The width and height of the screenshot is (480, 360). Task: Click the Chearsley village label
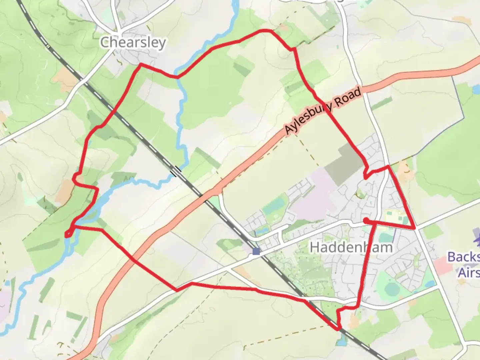coord(133,43)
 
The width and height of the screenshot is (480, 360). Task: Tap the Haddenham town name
coord(351,247)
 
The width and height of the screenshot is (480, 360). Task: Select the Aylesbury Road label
coord(323,111)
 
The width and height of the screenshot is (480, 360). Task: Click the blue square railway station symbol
coord(256,251)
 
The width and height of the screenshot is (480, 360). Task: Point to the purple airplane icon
coord(477,238)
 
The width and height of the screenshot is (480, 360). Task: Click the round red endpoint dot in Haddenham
coord(366,220)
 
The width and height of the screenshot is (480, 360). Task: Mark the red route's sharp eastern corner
coord(415,228)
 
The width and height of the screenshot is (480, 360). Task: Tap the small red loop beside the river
coord(68,234)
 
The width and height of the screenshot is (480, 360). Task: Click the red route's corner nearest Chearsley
coord(141,64)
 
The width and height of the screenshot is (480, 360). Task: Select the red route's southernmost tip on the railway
coord(339,329)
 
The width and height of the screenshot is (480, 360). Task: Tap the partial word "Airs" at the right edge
coord(468,273)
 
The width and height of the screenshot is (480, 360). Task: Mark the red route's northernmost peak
coord(265,31)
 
